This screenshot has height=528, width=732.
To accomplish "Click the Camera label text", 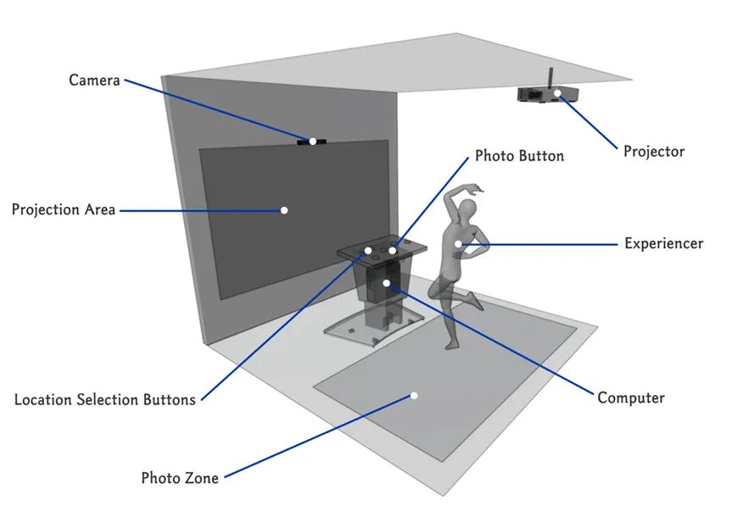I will coord(94,81).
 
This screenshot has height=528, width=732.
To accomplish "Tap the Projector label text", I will coord(653,152).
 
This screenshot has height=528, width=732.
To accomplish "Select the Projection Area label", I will coord(64,209).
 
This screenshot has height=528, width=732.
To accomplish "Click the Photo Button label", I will coord(519,156).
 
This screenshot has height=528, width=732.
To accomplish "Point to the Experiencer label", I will coord(663,243).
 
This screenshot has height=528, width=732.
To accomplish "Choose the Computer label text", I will coord(630,397).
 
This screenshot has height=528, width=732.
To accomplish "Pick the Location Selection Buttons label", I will coord(105,399).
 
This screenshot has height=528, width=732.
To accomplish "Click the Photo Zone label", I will coord(180,478).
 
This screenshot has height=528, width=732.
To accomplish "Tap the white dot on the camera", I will coord(312,142).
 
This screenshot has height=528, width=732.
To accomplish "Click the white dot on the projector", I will coord(557,92).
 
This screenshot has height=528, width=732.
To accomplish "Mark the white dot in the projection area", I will coord(284,209).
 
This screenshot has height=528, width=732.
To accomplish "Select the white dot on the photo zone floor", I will coord(415,395).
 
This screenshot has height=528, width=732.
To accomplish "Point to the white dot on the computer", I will coord(386,282).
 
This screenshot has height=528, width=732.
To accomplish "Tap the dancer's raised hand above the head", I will coord(477,188).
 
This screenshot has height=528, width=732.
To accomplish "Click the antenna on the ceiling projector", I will coord(550,76).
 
